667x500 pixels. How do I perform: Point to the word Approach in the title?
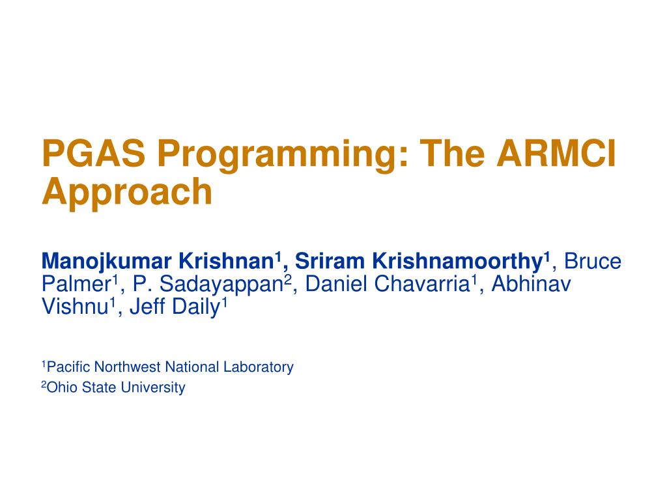point(127,193)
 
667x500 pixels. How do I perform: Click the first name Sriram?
point(330,262)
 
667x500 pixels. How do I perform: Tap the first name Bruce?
point(593,262)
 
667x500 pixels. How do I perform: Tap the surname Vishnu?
point(74,307)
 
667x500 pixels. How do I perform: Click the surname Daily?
point(196,307)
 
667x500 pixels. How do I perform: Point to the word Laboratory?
point(259,367)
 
